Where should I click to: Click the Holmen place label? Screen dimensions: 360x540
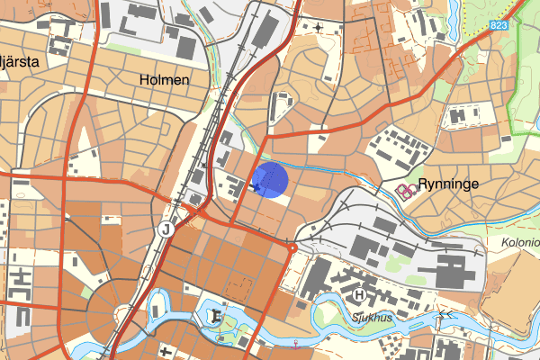click(x=165, y=80)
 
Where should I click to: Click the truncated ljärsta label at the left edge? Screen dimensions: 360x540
click(x=20, y=61)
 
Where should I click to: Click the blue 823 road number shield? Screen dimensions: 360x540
click(x=500, y=26)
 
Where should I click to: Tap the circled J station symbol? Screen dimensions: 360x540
click(x=166, y=229)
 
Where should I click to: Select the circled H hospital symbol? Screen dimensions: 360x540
click(x=360, y=294)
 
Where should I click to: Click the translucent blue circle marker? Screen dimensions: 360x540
click(x=271, y=179)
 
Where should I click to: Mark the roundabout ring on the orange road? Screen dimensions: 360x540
click(x=292, y=247)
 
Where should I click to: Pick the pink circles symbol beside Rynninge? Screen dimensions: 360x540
click(x=408, y=189)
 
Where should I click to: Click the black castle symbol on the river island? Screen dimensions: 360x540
click(x=215, y=316)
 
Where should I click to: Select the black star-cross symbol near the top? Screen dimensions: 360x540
click(x=319, y=27)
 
